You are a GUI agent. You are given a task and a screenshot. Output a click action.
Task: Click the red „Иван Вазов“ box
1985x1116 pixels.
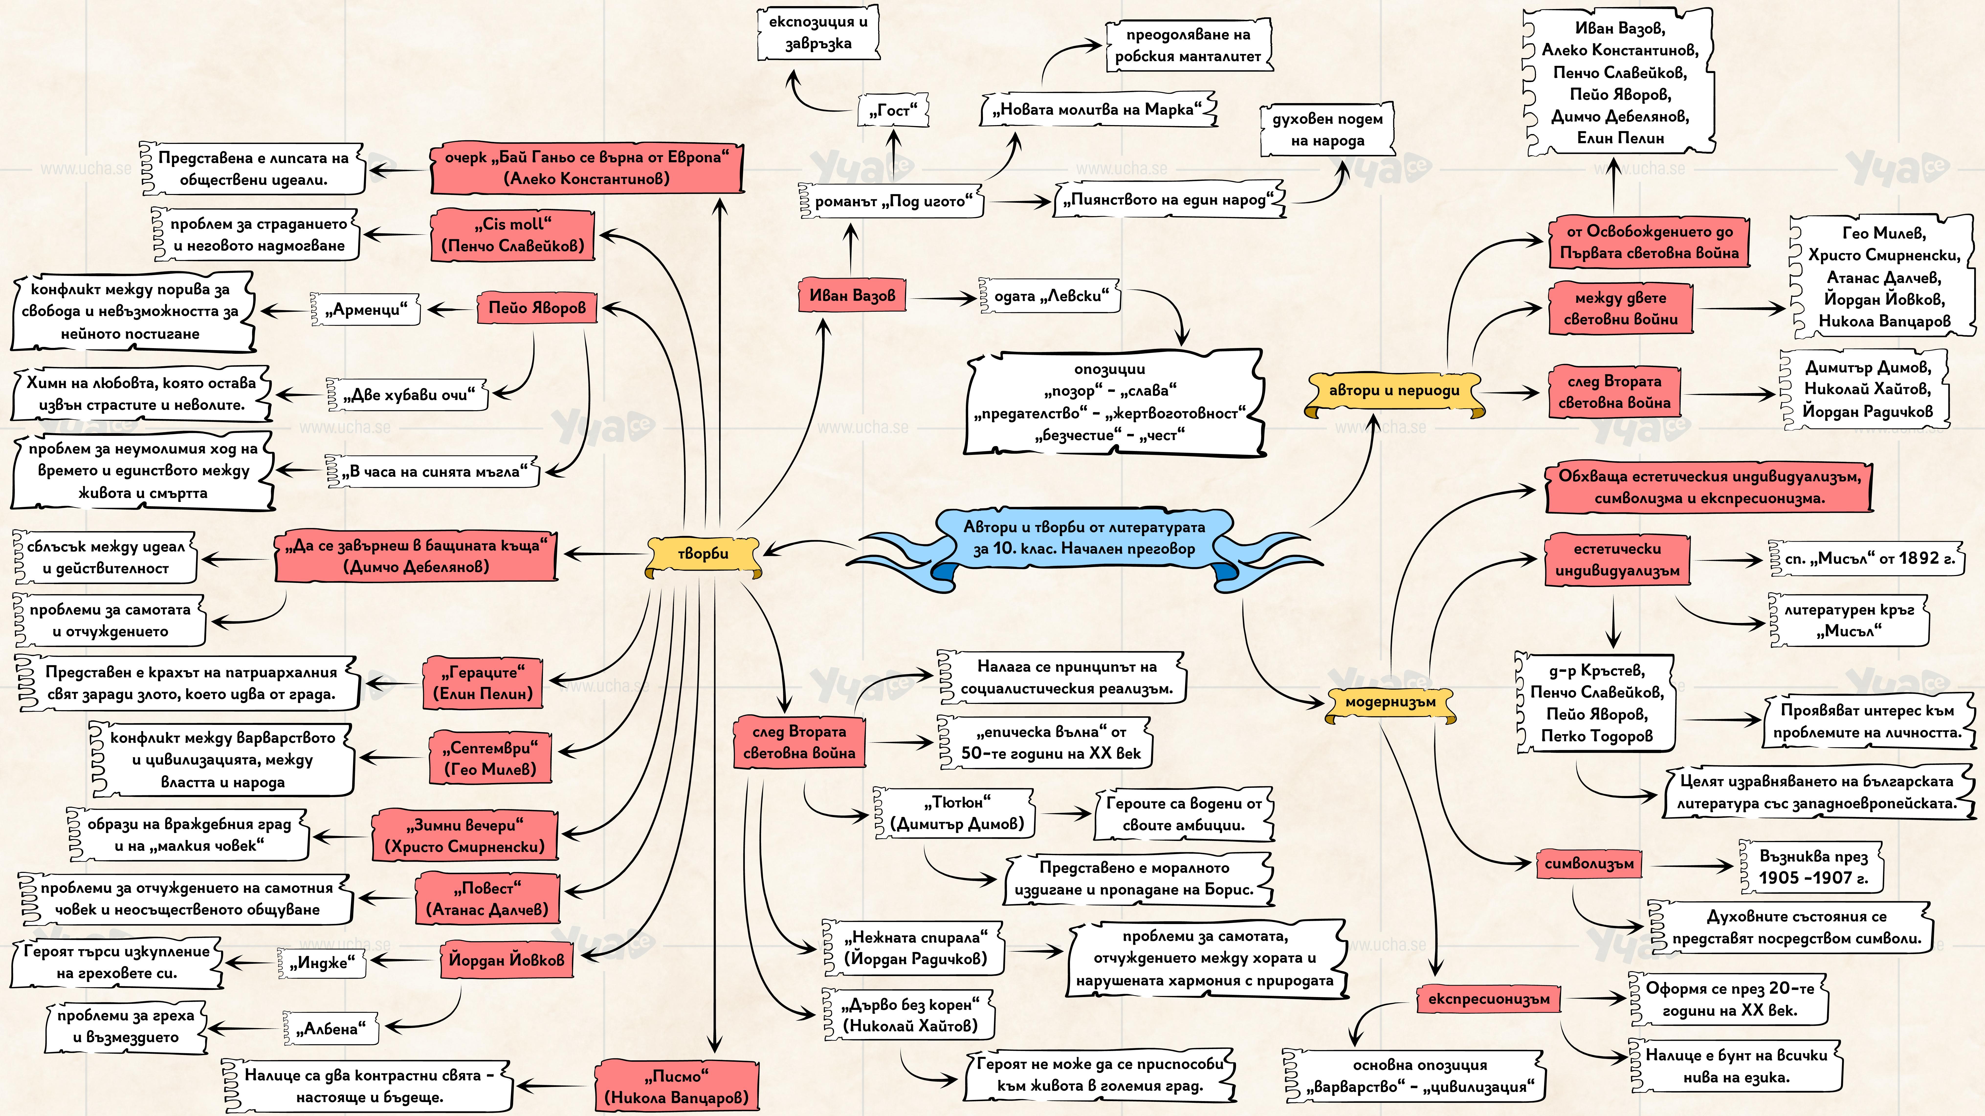[x=852, y=295]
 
